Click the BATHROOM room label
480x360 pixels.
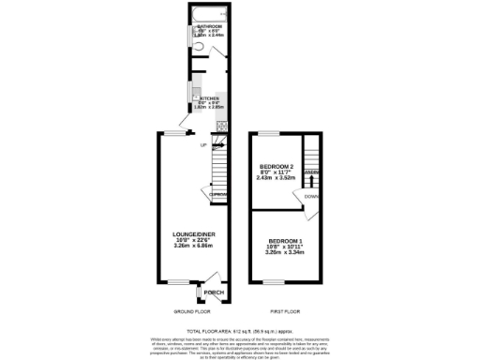(x=196, y=26)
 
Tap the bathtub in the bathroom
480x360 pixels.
(x=208, y=12)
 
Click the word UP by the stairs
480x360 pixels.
(x=202, y=145)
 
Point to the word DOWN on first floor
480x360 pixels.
(x=310, y=196)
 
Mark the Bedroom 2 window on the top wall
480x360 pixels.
(x=269, y=135)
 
